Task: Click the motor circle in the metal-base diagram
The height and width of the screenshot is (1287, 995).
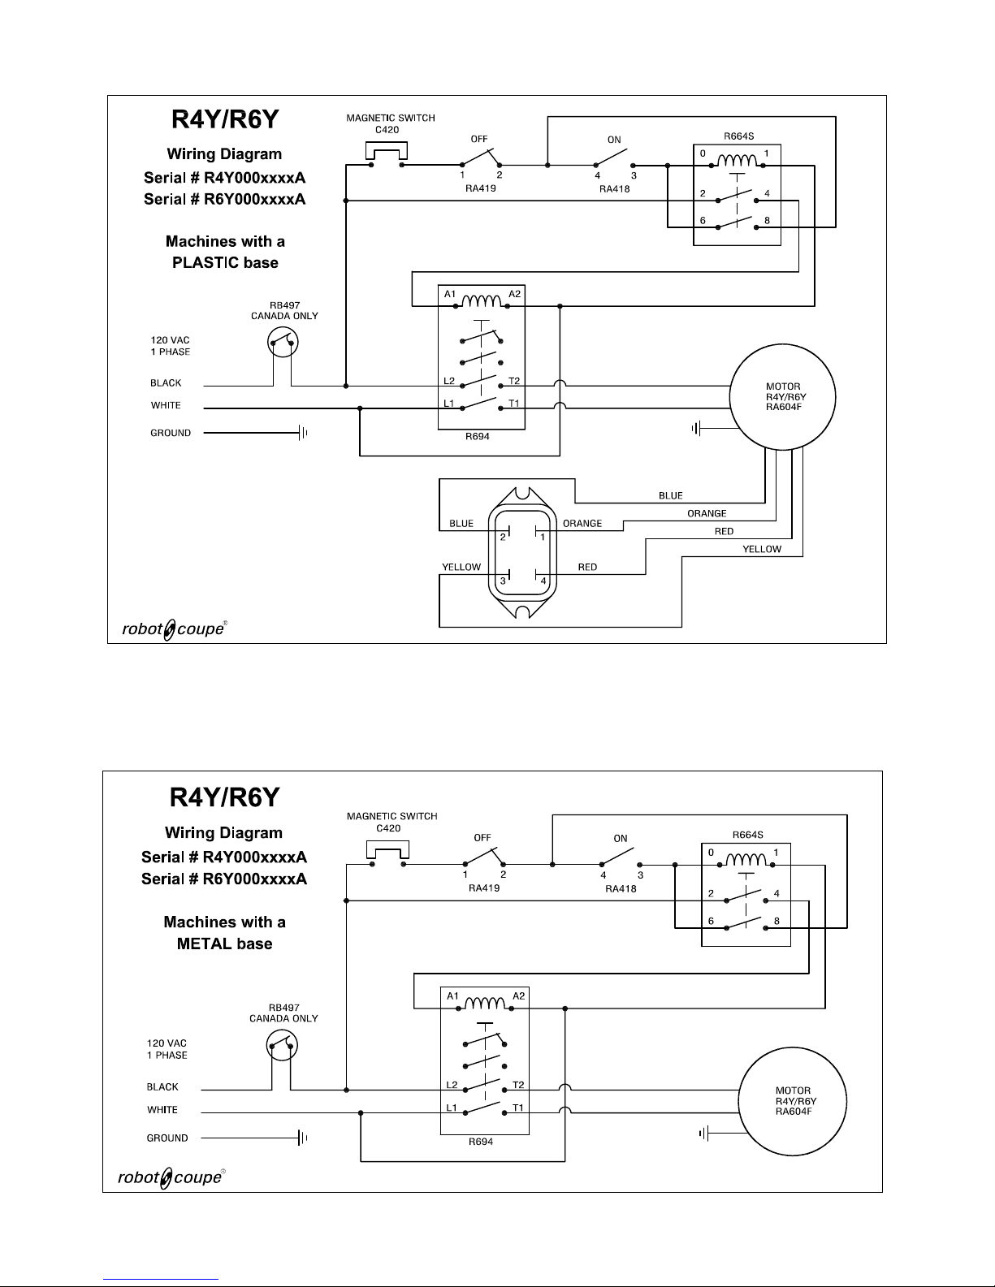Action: [x=740, y=1101]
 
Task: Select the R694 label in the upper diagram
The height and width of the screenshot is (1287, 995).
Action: [x=478, y=437]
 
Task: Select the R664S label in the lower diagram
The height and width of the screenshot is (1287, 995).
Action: [x=747, y=835]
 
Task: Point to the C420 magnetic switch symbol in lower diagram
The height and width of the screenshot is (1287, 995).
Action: [x=388, y=850]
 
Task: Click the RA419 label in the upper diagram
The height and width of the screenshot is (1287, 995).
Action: [x=480, y=188]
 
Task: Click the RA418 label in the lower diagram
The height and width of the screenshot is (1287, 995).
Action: [x=621, y=888]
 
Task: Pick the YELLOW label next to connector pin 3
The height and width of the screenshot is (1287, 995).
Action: [x=461, y=567]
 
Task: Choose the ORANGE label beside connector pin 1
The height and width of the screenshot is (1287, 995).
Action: [x=582, y=523]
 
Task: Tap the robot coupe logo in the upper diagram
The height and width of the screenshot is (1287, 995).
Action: [x=174, y=629]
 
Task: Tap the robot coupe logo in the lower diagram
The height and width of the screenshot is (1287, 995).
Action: [x=171, y=1177]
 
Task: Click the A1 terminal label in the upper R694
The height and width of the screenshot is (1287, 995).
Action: [x=450, y=294]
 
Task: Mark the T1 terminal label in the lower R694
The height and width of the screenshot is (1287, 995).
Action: [x=518, y=1108]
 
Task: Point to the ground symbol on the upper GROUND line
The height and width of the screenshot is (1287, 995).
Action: [x=303, y=433]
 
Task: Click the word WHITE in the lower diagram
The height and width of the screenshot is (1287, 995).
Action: [x=162, y=1109]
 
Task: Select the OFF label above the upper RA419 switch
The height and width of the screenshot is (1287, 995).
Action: [x=479, y=139]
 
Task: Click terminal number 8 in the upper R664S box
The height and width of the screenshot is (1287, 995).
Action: [x=767, y=220]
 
